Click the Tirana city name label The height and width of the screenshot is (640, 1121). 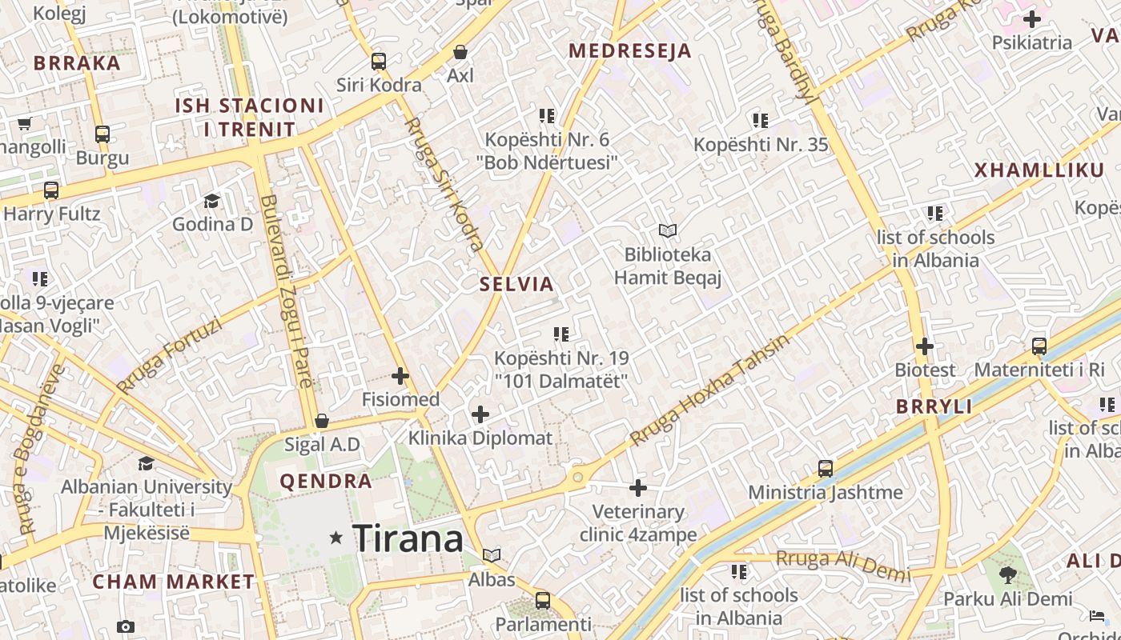pyautogui.click(x=408, y=538)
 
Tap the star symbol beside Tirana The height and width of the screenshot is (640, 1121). pyautogui.click(x=336, y=538)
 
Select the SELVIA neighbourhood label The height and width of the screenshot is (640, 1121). pyautogui.click(x=516, y=284)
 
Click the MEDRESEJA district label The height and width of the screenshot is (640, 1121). pyautogui.click(x=629, y=51)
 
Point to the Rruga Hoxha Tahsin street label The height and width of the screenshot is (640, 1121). pyautogui.click(x=709, y=390)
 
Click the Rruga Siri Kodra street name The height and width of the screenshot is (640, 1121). pyautogui.click(x=444, y=184)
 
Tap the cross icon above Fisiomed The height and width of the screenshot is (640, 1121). pyautogui.click(x=400, y=375)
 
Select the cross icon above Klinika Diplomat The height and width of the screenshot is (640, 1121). pyautogui.click(x=480, y=414)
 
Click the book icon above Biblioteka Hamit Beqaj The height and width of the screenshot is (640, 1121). pyautogui.click(x=668, y=231)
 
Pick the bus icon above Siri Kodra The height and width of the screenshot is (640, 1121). pyautogui.click(x=379, y=61)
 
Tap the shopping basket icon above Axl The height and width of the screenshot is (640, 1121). pyautogui.click(x=460, y=52)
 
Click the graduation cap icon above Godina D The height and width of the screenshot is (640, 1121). pyautogui.click(x=212, y=200)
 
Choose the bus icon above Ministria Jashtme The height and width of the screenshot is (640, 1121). pyautogui.click(x=826, y=469)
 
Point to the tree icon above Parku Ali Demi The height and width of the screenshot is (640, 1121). pyautogui.click(x=1007, y=574)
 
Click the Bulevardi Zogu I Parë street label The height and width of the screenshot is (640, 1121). pyautogui.click(x=287, y=292)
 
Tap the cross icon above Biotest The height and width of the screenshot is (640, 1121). pyautogui.click(x=925, y=346)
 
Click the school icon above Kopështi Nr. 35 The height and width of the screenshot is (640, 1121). pyautogui.click(x=761, y=121)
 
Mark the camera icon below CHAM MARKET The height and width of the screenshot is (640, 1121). pyautogui.click(x=125, y=626)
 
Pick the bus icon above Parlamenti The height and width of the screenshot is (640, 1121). pyautogui.click(x=543, y=600)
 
